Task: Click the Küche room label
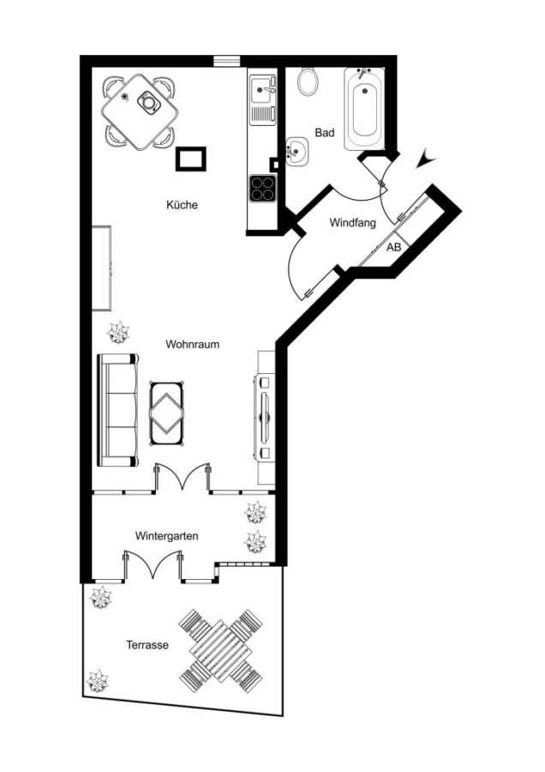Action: pyautogui.click(x=182, y=204)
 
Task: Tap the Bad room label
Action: pyautogui.click(x=325, y=132)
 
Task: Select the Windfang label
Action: pyautogui.click(x=353, y=222)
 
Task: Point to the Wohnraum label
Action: pyautogui.click(x=192, y=344)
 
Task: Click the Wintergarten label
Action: pyautogui.click(x=167, y=535)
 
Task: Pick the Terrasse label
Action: pyautogui.click(x=147, y=644)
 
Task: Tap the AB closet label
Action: pyautogui.click(x=393, y=247)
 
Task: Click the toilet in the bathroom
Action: pyautogui.click(x=308, y=81)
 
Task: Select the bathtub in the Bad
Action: pyautogui.click(x=364, y=108)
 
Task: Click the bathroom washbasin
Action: pyautogui.click(x=296, y=150)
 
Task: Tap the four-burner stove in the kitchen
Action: pyautogui.click(x=262, y=188)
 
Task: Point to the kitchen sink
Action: pyautogui.click(x=263, y=100)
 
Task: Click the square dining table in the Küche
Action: pyautogui.click(x=140, y=112)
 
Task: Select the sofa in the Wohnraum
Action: pyautogui.click(x=118, y=410)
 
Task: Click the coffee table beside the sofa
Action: pyautogui.click(x=167, y=414)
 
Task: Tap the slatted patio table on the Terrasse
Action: pyautogui.click(x=221, y=651)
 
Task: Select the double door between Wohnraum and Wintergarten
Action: pyautogui.click(x=183, y=477)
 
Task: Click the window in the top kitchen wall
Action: pyautogui.click(x=227, y=61)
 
